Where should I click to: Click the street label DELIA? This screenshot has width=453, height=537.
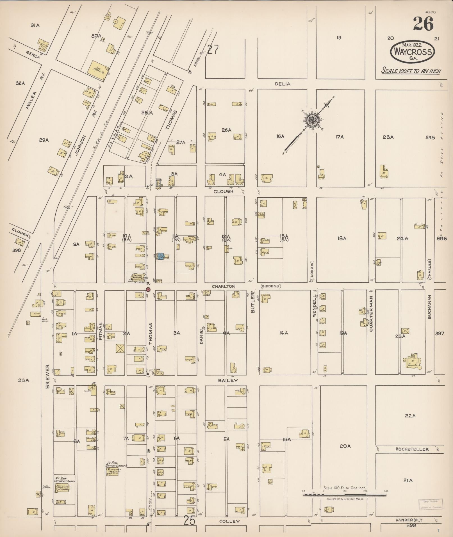click(283, 84)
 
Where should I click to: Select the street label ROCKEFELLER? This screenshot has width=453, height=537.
click(412, 449)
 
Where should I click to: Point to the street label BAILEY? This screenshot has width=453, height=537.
click(228, 380)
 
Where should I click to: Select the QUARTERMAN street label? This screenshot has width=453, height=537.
click(371, 314)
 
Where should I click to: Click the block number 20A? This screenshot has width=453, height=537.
click(345, 446)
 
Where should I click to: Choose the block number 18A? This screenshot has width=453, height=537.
click(342, 238)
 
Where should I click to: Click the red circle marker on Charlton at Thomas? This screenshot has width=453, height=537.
click(148, 289)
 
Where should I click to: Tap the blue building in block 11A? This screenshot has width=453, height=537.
click(160, 256)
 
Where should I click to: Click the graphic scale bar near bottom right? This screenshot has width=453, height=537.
click(344, 495)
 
